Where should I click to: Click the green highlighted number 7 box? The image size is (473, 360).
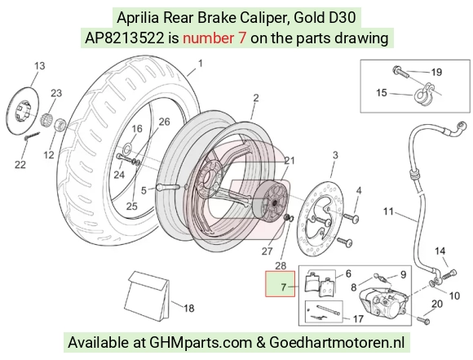click(280, 283)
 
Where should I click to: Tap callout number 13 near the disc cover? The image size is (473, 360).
click(39, 65)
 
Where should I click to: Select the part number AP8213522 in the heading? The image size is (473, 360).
click(125, 38)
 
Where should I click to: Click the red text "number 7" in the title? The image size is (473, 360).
click(214, 38)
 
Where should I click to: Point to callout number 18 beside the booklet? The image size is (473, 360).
click(189, 309)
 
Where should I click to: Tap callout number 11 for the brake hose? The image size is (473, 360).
click(388, 211)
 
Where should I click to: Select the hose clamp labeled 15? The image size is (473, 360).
click(424, 93)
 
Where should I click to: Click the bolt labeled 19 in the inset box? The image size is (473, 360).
click(401, 72)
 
